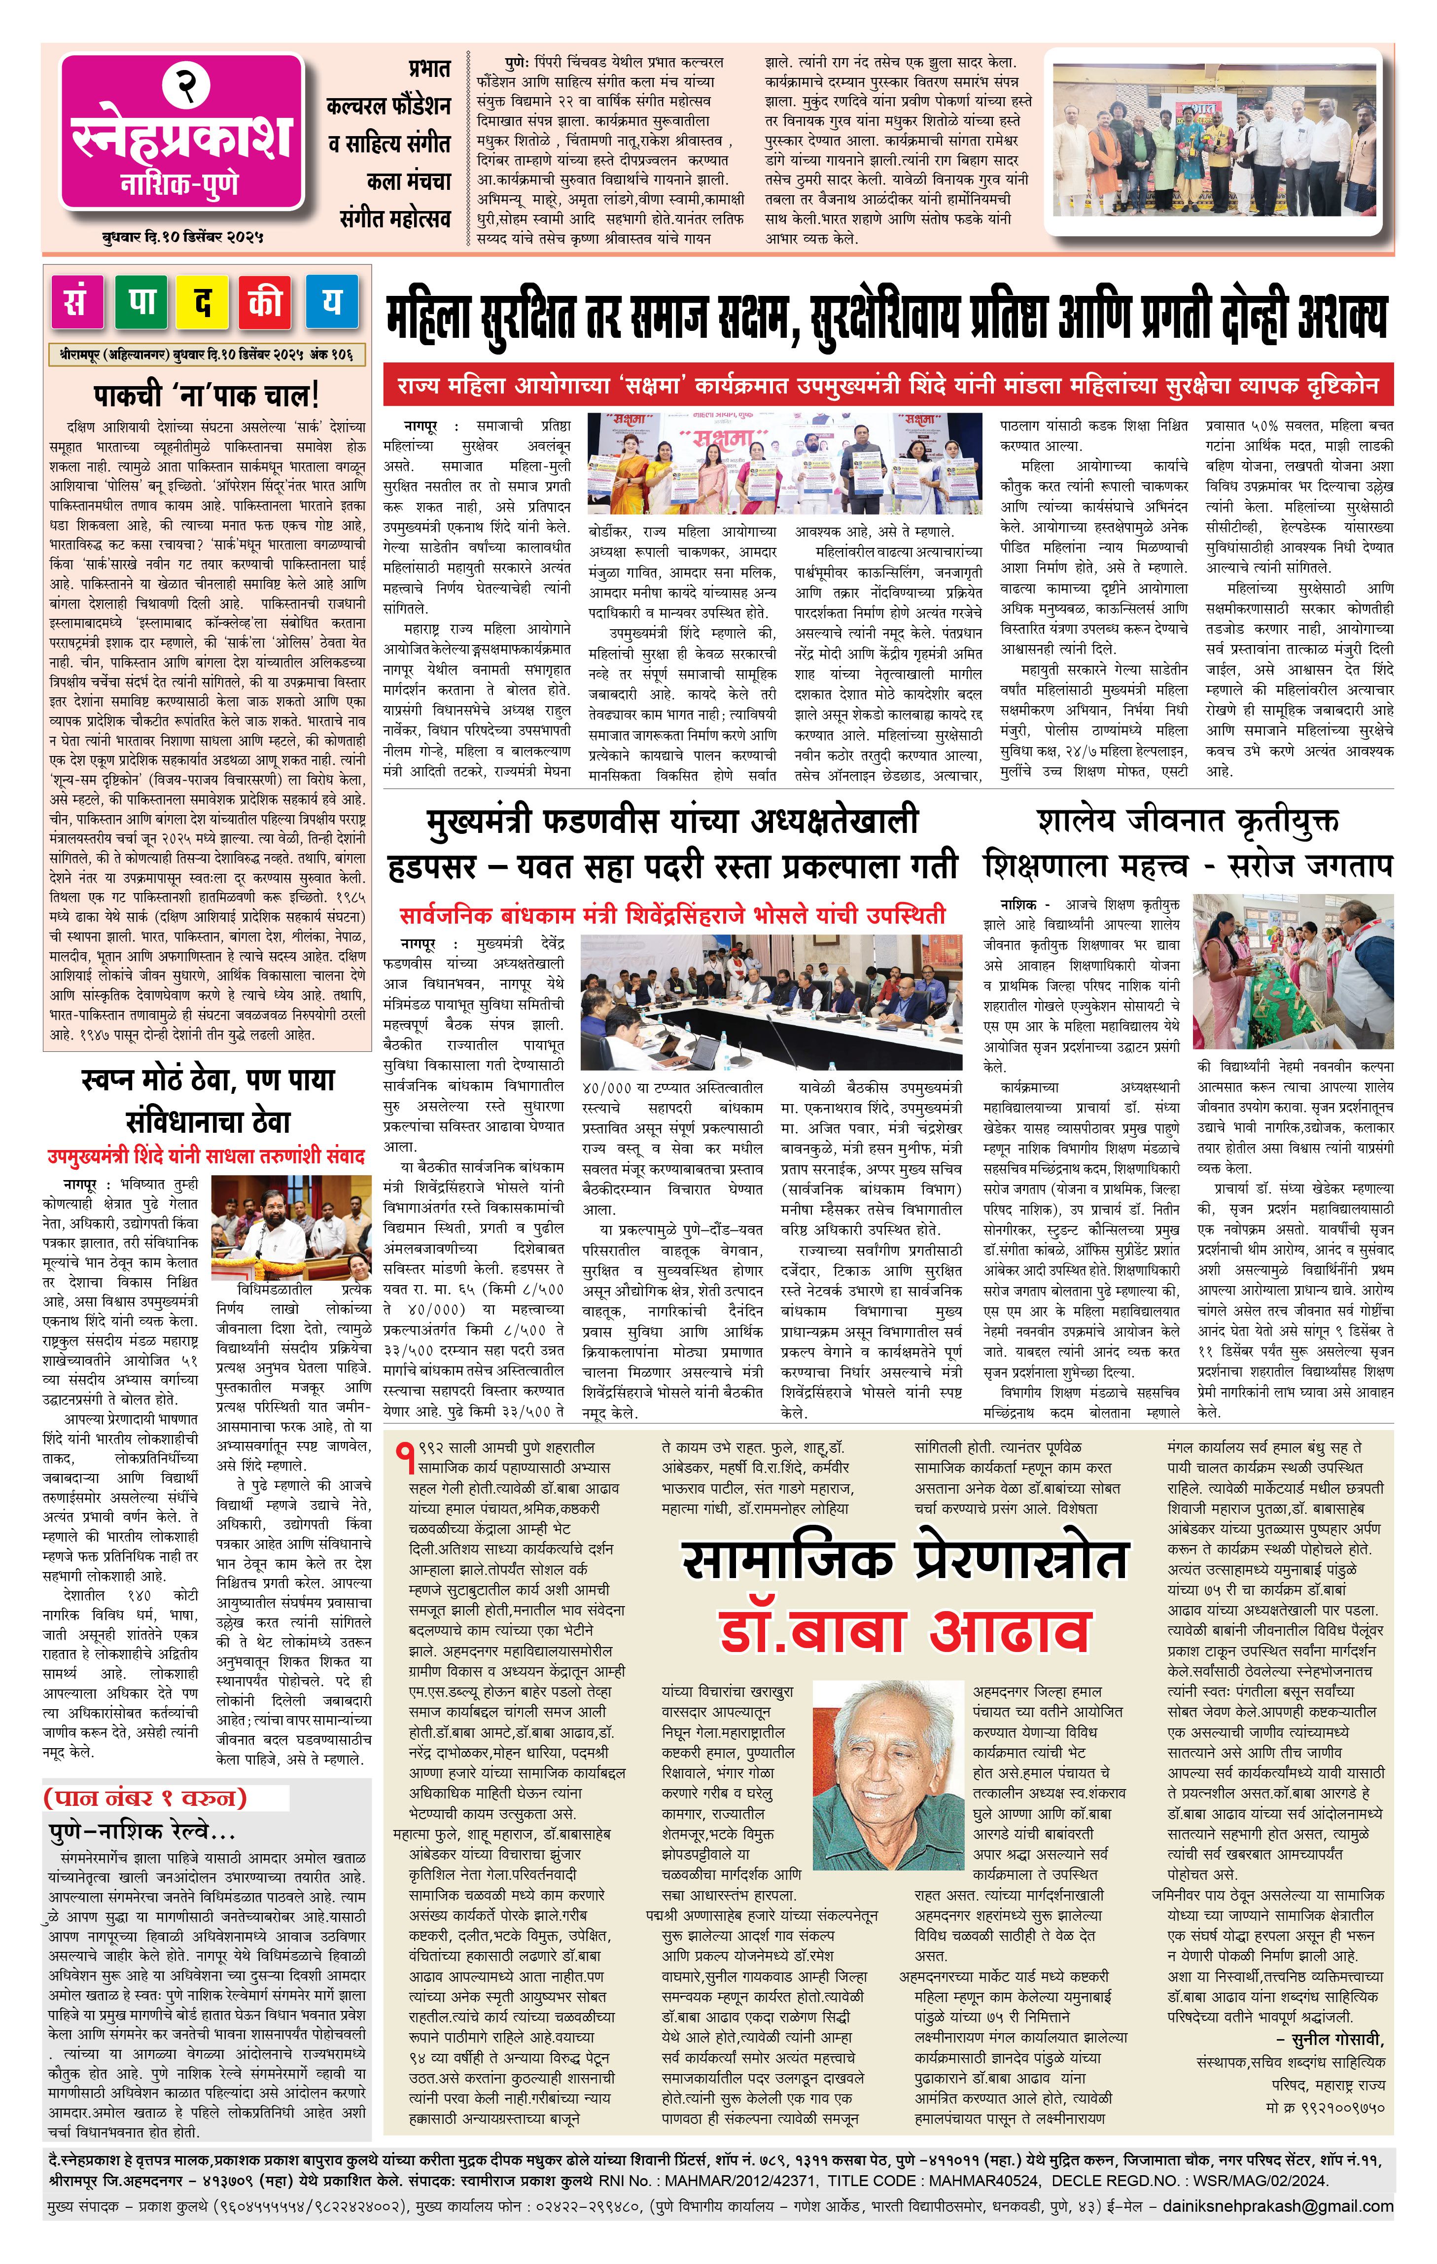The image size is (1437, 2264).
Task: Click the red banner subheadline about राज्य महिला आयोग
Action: tap(887, 387)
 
